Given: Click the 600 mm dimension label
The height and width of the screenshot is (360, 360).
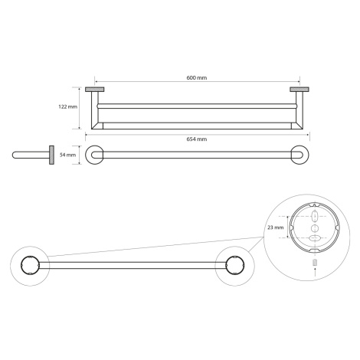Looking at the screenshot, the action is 197,77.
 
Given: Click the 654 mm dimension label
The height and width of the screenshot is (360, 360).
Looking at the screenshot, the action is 197,139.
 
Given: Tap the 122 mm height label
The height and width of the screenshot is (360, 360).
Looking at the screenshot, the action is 68,106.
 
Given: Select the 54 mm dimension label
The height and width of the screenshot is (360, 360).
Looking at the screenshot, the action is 67,155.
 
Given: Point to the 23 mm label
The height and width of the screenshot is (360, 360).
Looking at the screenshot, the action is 276,227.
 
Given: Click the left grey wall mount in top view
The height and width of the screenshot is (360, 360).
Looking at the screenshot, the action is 94,90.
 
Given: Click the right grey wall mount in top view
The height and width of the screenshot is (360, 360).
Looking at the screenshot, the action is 299,90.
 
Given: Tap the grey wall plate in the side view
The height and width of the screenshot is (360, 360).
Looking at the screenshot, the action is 51,155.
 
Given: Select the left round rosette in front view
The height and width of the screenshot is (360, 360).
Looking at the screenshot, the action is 94,155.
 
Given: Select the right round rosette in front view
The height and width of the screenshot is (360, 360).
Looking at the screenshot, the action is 299,155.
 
